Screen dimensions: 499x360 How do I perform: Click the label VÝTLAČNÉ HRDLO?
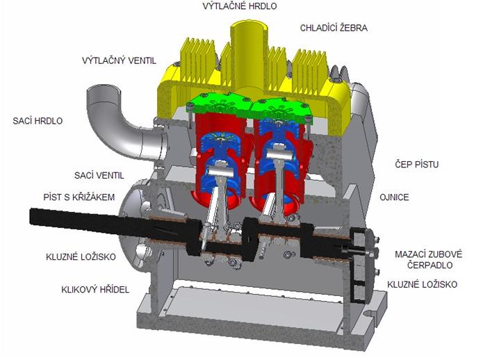[x=240, y=6]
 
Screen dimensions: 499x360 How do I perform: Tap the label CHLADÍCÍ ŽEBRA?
[x=334, y=28]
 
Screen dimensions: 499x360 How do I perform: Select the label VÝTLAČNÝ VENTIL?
[x=119, y=60]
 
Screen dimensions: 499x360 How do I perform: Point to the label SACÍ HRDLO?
[x=38, y=121]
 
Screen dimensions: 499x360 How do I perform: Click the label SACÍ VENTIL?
[x=99, y=175]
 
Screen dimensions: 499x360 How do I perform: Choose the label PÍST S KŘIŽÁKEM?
[x=79, y=197]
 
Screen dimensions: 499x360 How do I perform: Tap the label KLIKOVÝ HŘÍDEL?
[x=95, y=289]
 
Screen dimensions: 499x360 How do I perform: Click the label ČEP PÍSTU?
[x=416, y=164]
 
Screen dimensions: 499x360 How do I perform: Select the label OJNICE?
[x=394, y=197]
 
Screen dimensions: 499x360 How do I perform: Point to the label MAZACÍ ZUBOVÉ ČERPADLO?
[x=428, y=259]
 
